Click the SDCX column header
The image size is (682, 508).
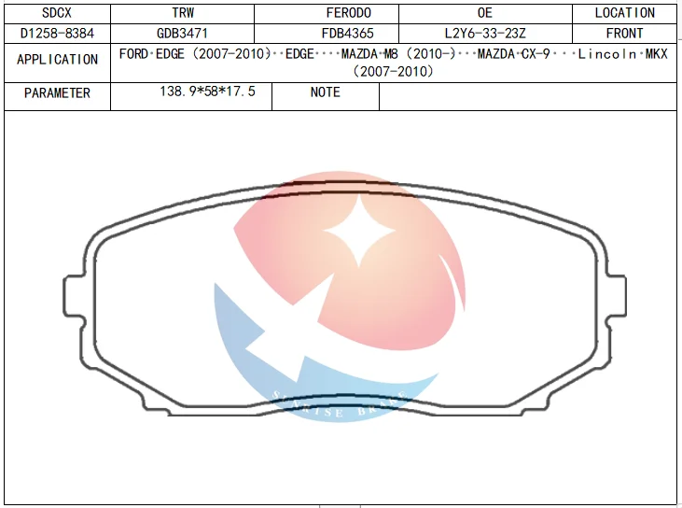coord(58,13)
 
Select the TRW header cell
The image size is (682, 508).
coord(183,13)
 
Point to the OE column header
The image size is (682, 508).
coord(484,13)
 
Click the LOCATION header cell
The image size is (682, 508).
coord(624,13)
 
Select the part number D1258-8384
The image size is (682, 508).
coord(58,34)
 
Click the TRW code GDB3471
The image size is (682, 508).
coord(183,34)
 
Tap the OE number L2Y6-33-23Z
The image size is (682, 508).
coord(485,34)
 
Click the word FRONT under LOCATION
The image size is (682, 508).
coord(624,34)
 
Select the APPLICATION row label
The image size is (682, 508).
coord(58,60)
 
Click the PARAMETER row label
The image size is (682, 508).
coord(58,93)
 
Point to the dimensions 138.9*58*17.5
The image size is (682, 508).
coord(208,92)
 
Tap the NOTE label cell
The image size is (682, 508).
coord(325,92)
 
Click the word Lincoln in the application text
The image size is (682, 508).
coord(610,54)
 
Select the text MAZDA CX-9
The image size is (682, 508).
coord(512,54)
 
